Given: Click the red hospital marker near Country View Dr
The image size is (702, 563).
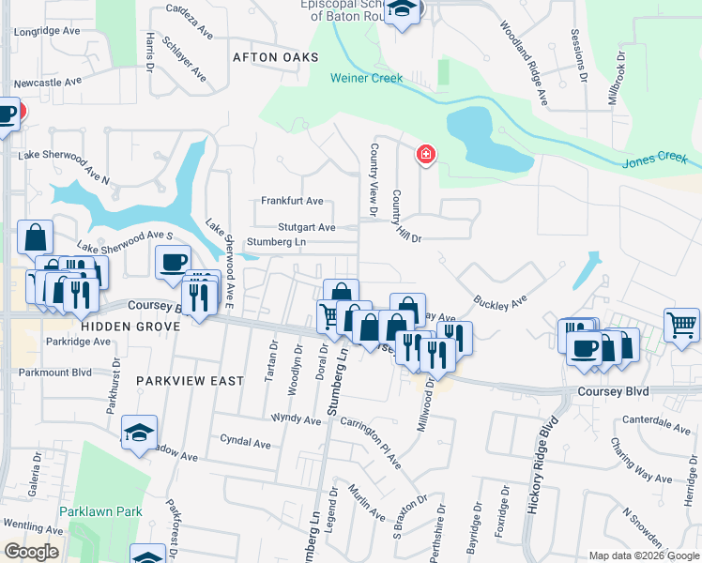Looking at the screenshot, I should [x=426, y=153].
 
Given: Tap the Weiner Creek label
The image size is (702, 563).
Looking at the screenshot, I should [x=366, y=78].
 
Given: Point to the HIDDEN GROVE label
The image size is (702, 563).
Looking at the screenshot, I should [x=125, y=326].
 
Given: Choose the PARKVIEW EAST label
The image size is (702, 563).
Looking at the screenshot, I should [x=190, y=381].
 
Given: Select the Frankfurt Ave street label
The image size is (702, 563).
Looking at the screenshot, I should [x=292, y=201].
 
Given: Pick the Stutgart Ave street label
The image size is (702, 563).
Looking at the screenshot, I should [x=306, y=227].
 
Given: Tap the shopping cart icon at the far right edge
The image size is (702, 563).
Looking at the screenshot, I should [x=681, y=325].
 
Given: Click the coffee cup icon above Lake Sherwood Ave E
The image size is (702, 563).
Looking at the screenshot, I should [x=172, y=262].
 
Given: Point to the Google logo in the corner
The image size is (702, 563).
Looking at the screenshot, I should [x=31, y=551].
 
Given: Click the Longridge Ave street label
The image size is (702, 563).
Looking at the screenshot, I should [x=47, y=31].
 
